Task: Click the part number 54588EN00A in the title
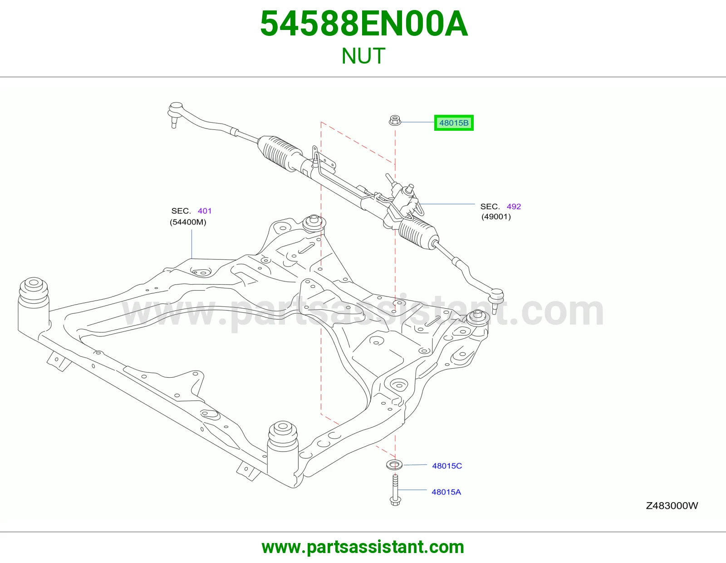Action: coord(363,24)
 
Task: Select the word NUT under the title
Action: coord(363,56)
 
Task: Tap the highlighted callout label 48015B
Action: coord(454,123)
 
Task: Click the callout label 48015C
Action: coord(446,466)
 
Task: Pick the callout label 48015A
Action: coord(446,492)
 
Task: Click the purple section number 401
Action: coord(205,211)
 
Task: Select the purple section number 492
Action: coord(514,207)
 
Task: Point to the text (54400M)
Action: coord(188,222)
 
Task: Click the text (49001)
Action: coord(496,217)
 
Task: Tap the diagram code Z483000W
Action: coord(672,505)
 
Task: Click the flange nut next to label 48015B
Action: coord(395,120)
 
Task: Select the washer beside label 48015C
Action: coord(394,465)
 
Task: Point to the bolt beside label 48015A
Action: coord(395,490)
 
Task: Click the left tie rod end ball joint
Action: coord(175,113)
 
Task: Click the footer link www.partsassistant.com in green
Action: coord(363,547)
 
